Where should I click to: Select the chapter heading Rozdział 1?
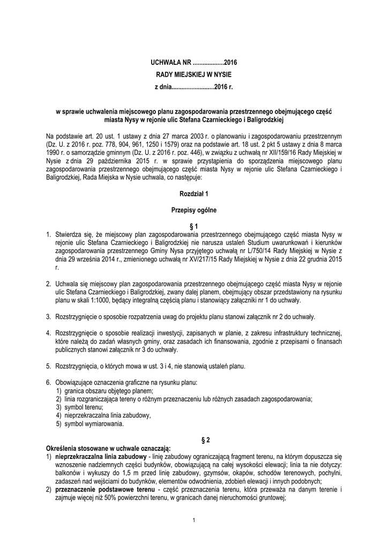193,192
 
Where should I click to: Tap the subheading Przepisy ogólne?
193,210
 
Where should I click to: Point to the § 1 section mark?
193,226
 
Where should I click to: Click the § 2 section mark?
204,440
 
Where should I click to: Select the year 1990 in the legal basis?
56,153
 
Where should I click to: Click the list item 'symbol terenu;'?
81,407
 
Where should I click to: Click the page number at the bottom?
193,520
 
